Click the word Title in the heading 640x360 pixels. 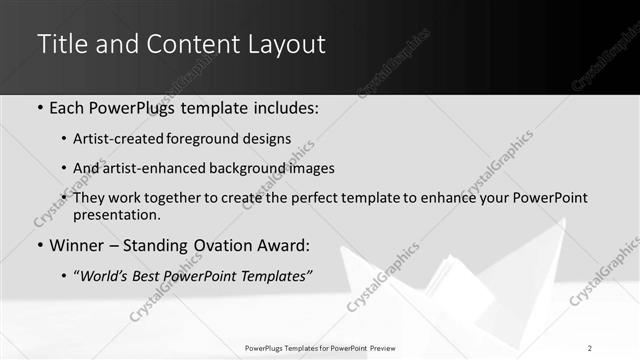(62, 45)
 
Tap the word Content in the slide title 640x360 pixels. (191, 45)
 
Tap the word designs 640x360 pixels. (268, 139)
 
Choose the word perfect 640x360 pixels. (330, 199)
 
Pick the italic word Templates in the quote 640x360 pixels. (277, 276)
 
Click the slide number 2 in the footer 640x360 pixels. (590, 348)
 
